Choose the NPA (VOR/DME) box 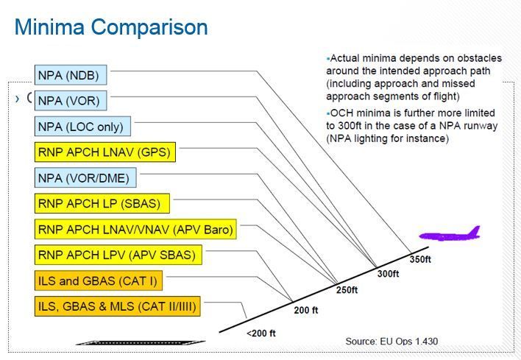pos(86,178)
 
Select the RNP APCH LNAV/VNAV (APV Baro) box pos(136,230)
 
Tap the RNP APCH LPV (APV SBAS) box pos(118,255)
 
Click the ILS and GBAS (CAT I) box pos(99,281)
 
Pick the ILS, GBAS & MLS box pos(117,306)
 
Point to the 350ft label pos(420,260)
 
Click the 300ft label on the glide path pos(388,274)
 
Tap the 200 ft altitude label pos(306,310)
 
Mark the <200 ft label pos(261,333)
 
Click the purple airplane pos(449,236)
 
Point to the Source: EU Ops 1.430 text pos(391,341)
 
